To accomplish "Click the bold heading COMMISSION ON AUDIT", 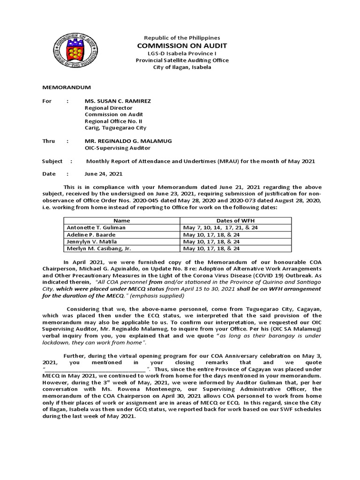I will pyautogui.click(x=182, y=45).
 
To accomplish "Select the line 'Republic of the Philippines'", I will pyautogui.click(x=182, y=37).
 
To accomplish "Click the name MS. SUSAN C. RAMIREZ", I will pyautogui.click(x=118, y=101).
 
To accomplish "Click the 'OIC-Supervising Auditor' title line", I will pyautogui.click(x=117, y=148).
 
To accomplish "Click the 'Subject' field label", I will pyautogui.click(x=52, y=161).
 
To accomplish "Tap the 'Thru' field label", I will pyautogui.click(x=49, y=141).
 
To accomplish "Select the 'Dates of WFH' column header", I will pyautogui.click(x=236, y=220).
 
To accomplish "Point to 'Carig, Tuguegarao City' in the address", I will pyautogui.click(x=115, y=128).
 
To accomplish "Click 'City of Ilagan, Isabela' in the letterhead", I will pyautogui.click(x=182, y=67).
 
